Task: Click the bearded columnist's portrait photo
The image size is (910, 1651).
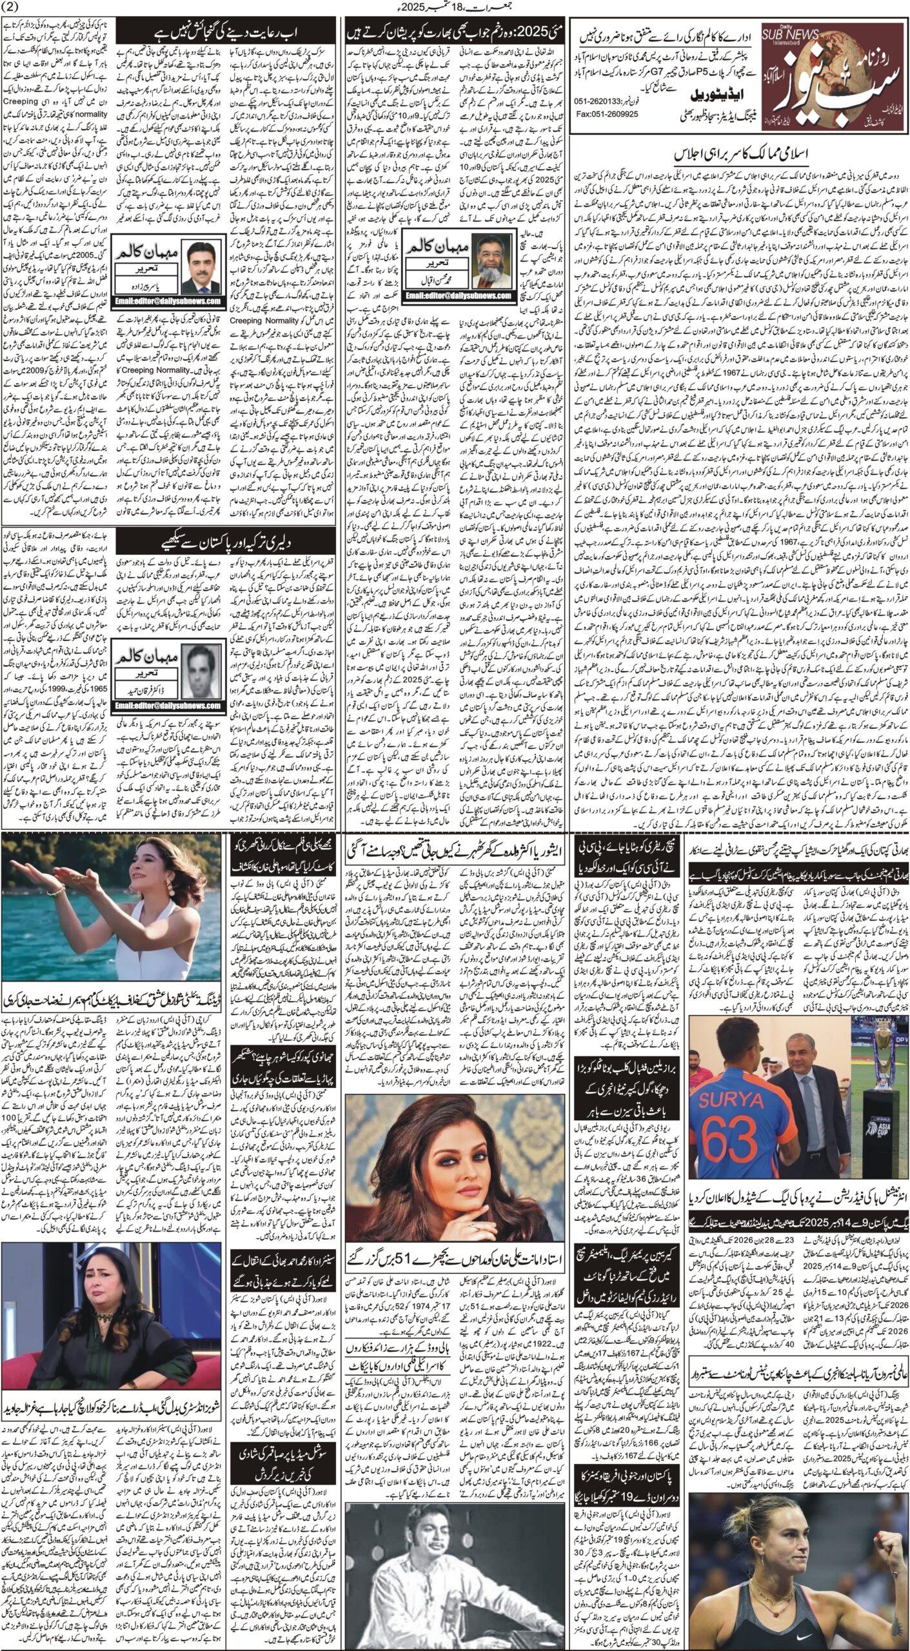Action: tap(491, 253)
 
